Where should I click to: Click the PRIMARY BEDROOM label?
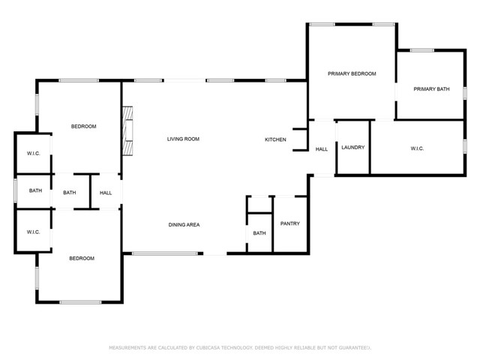point(351,73)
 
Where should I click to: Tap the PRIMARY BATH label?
point(431,89)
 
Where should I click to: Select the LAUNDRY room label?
point(352,147)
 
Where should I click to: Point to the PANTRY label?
point(289,223)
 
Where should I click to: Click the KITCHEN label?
point(275,139)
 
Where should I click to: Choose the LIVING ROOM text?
point(182,139)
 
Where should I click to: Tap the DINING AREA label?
point(184,224)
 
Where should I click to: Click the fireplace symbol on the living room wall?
point(127,130)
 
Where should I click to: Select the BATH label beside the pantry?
point(259,233)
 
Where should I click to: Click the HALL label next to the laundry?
point(321,149)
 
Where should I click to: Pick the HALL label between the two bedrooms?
point(106,193)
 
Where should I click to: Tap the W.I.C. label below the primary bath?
point(417,148)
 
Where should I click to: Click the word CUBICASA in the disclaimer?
point(209,348)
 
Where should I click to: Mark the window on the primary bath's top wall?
point(421,50)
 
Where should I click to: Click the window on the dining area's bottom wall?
point(164,253)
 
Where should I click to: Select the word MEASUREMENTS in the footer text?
point(127,348)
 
